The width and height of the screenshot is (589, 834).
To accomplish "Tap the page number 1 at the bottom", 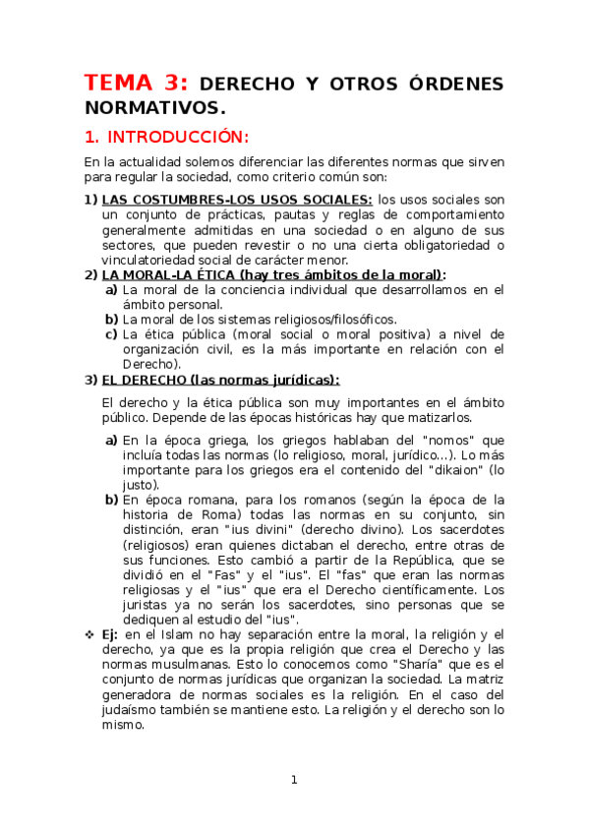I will point(293,780).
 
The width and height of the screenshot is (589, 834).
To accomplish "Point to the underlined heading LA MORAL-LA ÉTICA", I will point(172,275).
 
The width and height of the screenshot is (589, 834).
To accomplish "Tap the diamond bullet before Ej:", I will point(89,635).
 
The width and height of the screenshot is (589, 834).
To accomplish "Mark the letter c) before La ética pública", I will point(111,334).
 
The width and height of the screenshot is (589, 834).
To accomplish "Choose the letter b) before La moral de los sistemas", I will point(111,320).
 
